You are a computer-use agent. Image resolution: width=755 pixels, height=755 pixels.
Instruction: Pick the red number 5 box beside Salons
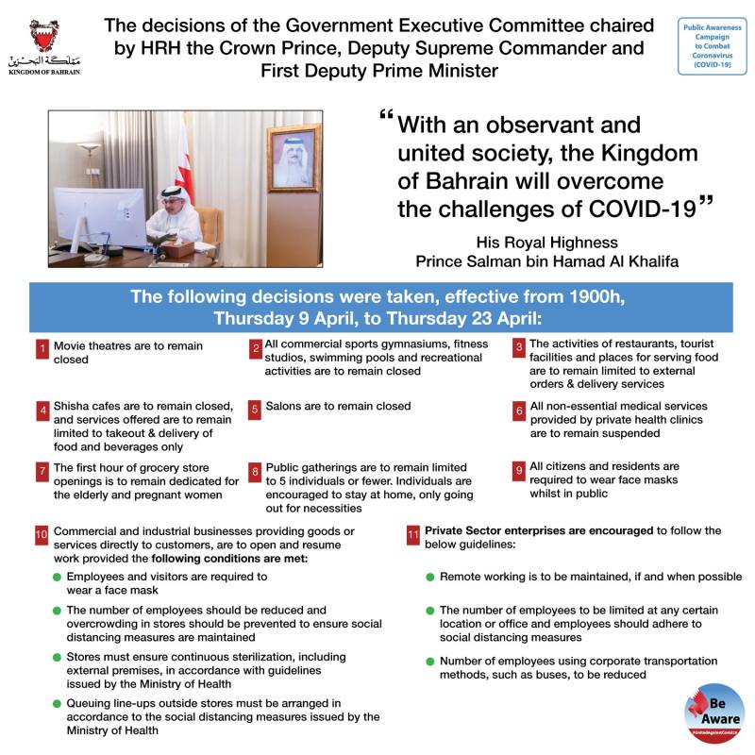[x=255, y=411]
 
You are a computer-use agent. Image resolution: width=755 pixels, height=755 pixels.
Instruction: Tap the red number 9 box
[x=518, y=470]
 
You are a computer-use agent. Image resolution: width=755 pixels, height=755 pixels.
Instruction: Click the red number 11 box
[x=412, y=535]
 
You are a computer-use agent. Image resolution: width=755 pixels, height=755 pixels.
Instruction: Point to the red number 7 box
[x=42, y=470]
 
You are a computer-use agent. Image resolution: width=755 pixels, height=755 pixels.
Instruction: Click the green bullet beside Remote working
[x=429, y=577]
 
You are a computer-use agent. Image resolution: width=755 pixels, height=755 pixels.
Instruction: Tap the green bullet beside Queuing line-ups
[x=56, y=704]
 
